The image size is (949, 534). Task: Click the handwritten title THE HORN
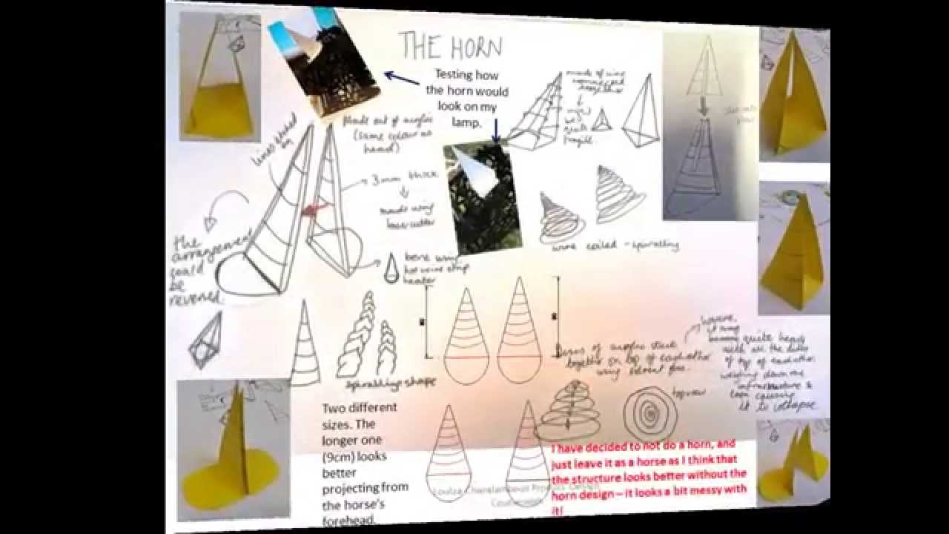click(x=450, y=46)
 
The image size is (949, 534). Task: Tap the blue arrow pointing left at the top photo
click(x=401, y=78)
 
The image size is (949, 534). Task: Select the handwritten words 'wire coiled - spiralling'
click(x=615, y=245)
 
